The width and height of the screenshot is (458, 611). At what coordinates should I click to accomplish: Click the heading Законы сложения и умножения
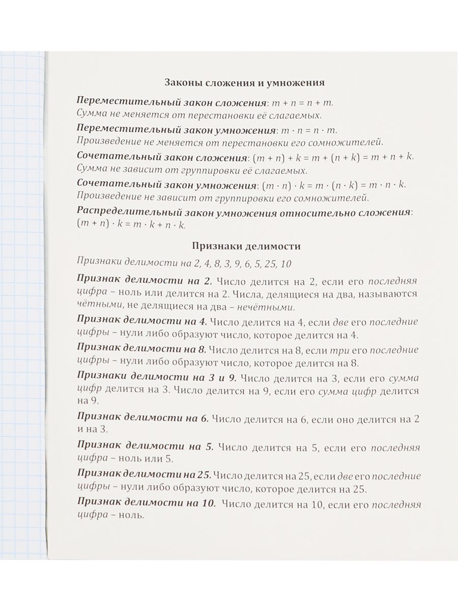pyautogui.click(x=246, y=82)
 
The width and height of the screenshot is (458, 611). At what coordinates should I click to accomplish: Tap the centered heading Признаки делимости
pyautogui.click(x=246, y=246)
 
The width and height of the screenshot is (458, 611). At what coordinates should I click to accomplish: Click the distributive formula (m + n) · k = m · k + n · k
pyautogui.click(x=132, y=224)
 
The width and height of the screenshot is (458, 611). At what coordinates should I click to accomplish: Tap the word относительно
pyautogui.click(x=325, y=212)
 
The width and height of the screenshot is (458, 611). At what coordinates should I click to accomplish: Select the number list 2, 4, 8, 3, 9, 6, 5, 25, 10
pyautogui.click(x=239, y=263)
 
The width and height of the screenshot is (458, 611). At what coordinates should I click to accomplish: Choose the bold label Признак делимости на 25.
pyautogui.click(x=144, y=476)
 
